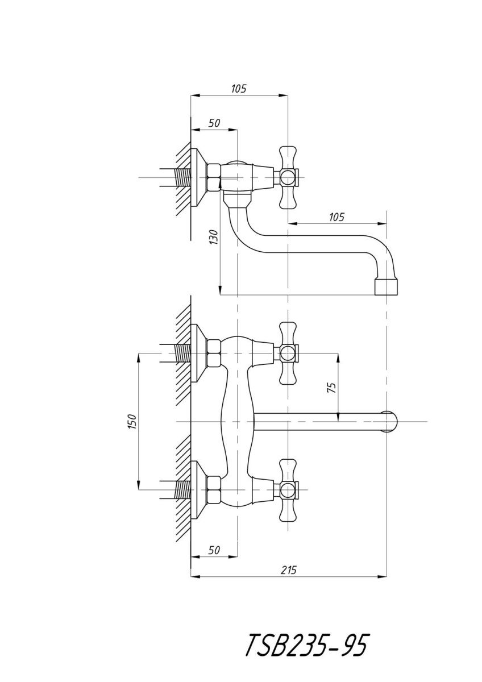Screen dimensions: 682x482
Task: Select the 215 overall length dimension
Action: pyautogui.click(x=289, y=570)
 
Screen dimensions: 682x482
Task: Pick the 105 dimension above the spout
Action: pyautogui.click(x=336, y=217)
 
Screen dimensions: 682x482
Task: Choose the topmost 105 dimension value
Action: pyautogui.click(x=238, y=88)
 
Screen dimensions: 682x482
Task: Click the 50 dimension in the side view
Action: pyautogui.click(x=214, y=123)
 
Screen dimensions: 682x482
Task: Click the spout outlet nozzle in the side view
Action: pyautogui.click(x=387, y=286)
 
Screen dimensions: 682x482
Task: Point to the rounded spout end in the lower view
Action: pyautogui.click(x=389, y=422)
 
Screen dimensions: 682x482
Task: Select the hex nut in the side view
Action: pyautogui.click(x=214, y=177)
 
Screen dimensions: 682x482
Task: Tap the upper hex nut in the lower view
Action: pyautogui.click(x=214, y=354)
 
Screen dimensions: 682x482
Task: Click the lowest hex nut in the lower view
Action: pyautogui.click(x=214, y=490)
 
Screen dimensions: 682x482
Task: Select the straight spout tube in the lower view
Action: pyautogui.click(x=318, y=422)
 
